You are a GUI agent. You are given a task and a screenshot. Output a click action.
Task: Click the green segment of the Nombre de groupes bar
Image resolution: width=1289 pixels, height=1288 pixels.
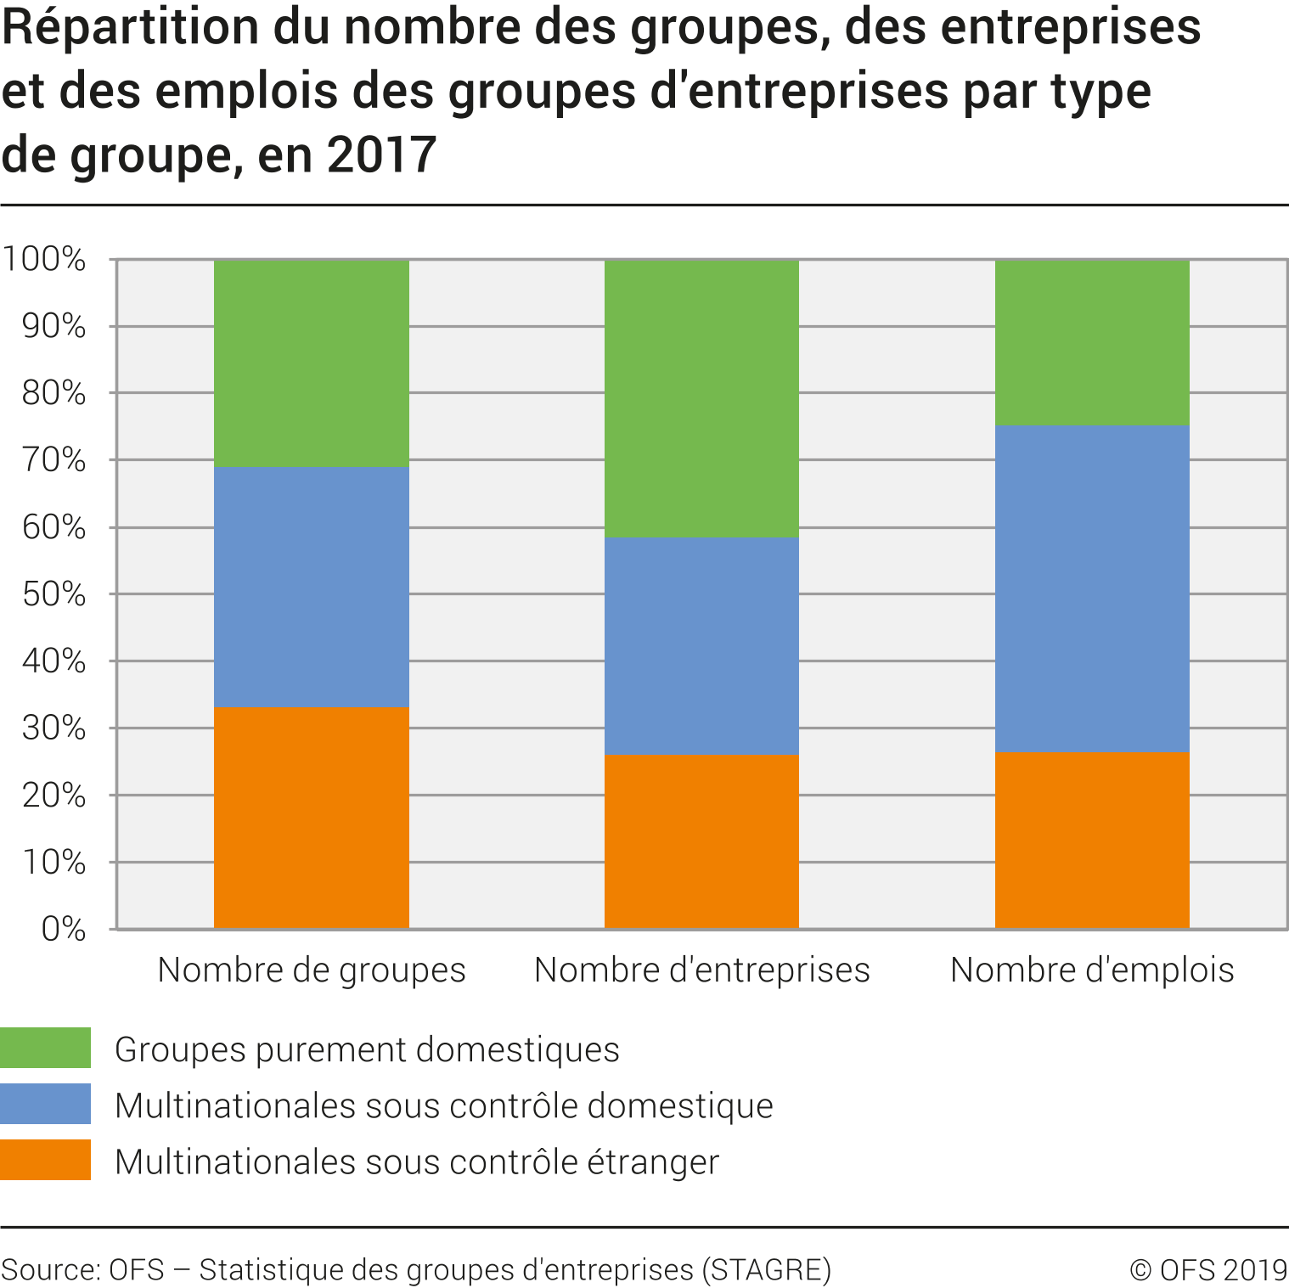(x=311, y=363)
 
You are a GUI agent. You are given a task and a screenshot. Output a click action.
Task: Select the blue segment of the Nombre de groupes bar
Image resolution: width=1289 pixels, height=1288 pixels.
(x=311, y=587)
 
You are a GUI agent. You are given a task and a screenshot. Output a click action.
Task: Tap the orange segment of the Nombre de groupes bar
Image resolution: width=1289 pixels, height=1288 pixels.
(x=311, y=818)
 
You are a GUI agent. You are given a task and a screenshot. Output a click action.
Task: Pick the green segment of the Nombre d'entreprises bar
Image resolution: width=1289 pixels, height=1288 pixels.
(x=701, y=398)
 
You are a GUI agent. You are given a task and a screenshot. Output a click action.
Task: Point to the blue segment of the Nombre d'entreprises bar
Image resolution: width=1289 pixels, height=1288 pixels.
(x=701, y=646)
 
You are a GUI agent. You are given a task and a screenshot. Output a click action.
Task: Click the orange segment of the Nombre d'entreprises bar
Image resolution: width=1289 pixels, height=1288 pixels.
(x=701, y=841)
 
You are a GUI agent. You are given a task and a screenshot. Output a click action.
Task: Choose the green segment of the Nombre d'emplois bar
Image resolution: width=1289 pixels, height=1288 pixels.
(x=1092, y=342)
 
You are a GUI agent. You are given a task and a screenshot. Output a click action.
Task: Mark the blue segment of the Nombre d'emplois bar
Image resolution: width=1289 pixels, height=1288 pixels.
(x=1092, y=588)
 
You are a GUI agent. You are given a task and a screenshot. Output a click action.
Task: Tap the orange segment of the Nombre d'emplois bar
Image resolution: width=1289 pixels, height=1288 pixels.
(x=1092, y=840)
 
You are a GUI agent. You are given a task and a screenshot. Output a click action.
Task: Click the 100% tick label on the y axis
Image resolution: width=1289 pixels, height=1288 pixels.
(x=44, y=259)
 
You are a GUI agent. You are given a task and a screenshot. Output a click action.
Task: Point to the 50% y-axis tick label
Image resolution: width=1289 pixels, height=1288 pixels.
(x=53, y=594)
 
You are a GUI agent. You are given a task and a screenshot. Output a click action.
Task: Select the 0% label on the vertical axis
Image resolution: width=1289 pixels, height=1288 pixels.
(x=64, y=929)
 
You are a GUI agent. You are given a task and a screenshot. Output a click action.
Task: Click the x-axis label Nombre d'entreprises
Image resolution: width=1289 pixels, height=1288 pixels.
(x=702, y=970)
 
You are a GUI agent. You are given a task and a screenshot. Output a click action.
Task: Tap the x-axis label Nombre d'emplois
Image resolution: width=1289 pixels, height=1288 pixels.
(x=1092, y=970)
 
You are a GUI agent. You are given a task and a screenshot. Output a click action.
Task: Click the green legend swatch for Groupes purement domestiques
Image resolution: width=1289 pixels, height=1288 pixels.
(x=45, y=1048)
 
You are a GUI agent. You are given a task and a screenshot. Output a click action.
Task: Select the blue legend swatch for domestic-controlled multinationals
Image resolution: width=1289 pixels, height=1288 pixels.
(x=45, y=1104)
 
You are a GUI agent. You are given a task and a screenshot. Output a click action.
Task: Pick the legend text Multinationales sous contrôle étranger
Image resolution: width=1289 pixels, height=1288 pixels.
(x=417, y=1161)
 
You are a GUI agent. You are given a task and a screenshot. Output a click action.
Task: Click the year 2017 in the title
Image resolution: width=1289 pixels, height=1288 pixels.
(x=381, y=155)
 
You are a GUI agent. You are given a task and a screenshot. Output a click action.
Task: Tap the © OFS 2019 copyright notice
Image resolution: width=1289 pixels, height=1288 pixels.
(x=1208, y=1269)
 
